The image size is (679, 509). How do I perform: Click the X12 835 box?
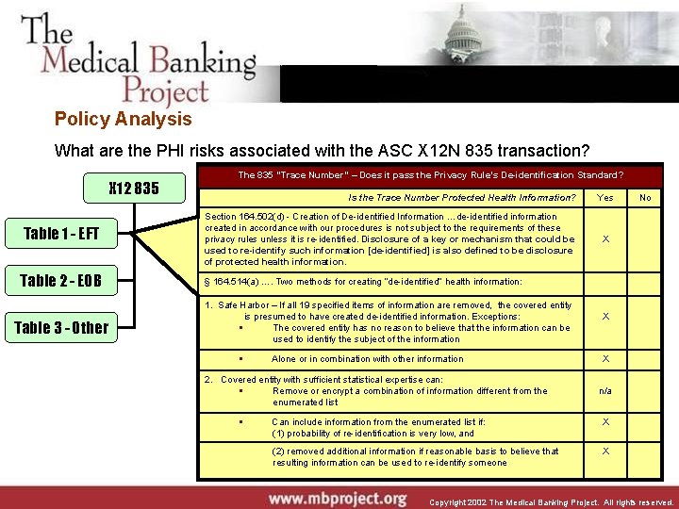[x=134, y=188]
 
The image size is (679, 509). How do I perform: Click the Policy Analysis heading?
[x=123, y=119]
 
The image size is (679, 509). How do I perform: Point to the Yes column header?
[x=605, y=197]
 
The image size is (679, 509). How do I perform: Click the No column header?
[x=645, y=197]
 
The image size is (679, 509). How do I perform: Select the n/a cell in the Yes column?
[x=605, y=390]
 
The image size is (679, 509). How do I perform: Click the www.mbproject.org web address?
[x=337, y=498]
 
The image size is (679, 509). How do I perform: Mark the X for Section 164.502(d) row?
[x=605, y=238]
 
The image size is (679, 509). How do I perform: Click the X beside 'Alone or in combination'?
[x=605, y=359]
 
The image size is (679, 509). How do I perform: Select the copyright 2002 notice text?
[x=551, y=502]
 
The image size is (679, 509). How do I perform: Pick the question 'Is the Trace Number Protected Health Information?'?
[x=461, y=197]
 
